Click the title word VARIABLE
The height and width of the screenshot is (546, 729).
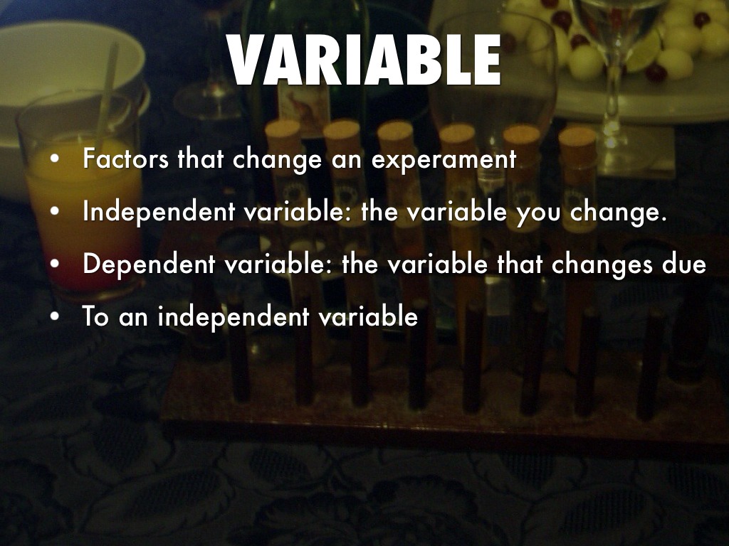point(364,61)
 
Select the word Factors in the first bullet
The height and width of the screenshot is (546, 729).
point(126,159)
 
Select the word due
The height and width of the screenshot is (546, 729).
point(684,264)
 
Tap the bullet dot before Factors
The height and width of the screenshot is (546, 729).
point(55,161)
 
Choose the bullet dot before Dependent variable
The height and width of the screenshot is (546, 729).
point(55,265)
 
